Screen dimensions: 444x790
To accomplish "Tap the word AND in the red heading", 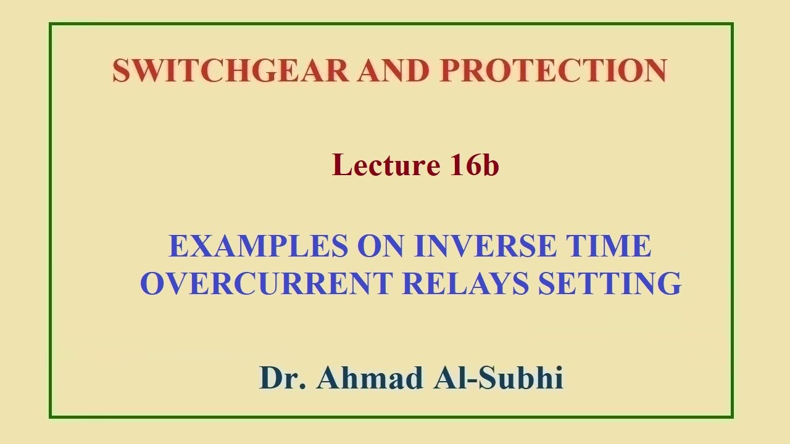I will coord(393,70).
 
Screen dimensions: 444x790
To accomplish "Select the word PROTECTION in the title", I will coord(553,70).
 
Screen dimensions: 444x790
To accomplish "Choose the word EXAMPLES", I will coord(258,246).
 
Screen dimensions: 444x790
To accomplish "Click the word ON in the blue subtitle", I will coord(380,246).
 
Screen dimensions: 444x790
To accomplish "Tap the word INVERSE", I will coord(484,246).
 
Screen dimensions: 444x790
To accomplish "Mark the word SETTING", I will coord(610,283).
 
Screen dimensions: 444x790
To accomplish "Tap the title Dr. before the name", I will coord(283,377).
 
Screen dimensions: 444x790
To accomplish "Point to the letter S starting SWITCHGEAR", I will coord(121,70).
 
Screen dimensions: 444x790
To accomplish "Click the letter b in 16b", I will coord(490,165).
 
